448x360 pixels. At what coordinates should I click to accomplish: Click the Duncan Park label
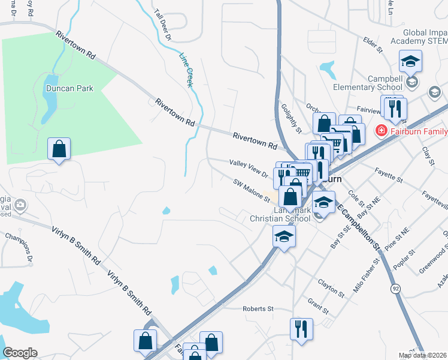pyautogui.click(x=70, y=88)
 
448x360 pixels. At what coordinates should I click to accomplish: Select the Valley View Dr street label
pyautogui.click(x=249, y=168)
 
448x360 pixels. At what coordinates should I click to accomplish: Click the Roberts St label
pyautogui.click(x=258, y=309)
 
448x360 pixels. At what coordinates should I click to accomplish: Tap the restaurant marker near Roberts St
pyautogui.click(x=301, y=328)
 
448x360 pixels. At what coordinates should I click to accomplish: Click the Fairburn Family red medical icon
pyautogui.click(x=380, y=130)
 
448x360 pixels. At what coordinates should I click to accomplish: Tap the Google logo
pyautogui.click(x=20, y=353)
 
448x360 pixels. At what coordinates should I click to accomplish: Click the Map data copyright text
pyautogui.click(x=423, y=356)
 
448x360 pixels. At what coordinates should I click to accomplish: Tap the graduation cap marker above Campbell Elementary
pyautogui.click(x=410, y=61)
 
